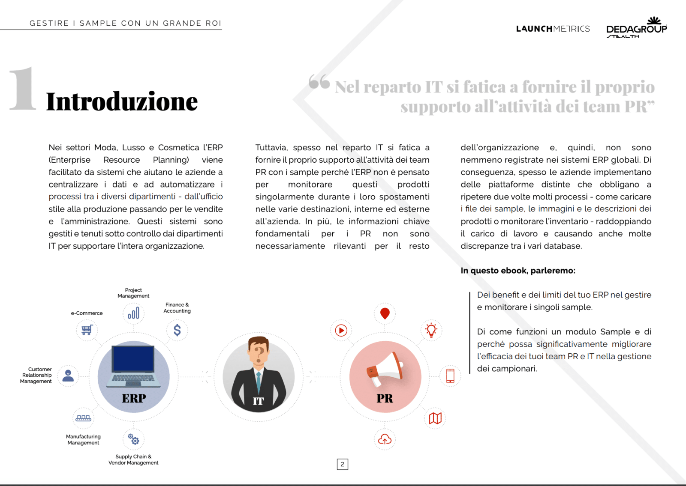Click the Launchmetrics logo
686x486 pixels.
553,29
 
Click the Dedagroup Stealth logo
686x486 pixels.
637,28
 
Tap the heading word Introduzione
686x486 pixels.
122,102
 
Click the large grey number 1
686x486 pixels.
23,89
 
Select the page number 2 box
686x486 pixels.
342,464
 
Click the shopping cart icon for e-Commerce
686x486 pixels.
87,330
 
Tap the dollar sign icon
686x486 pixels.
177,330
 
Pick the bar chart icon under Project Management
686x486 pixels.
133,313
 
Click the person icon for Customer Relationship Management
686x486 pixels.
68,376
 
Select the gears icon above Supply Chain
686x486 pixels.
133,439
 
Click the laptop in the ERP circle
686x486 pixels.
133,365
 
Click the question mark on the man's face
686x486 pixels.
259,352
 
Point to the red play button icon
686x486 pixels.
341,330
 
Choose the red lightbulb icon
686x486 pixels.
431,330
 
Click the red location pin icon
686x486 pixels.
385,313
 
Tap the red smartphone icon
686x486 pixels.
450,376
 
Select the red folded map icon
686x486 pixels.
435,418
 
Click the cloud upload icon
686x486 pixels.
385,439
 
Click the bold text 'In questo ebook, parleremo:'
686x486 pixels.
518,271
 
